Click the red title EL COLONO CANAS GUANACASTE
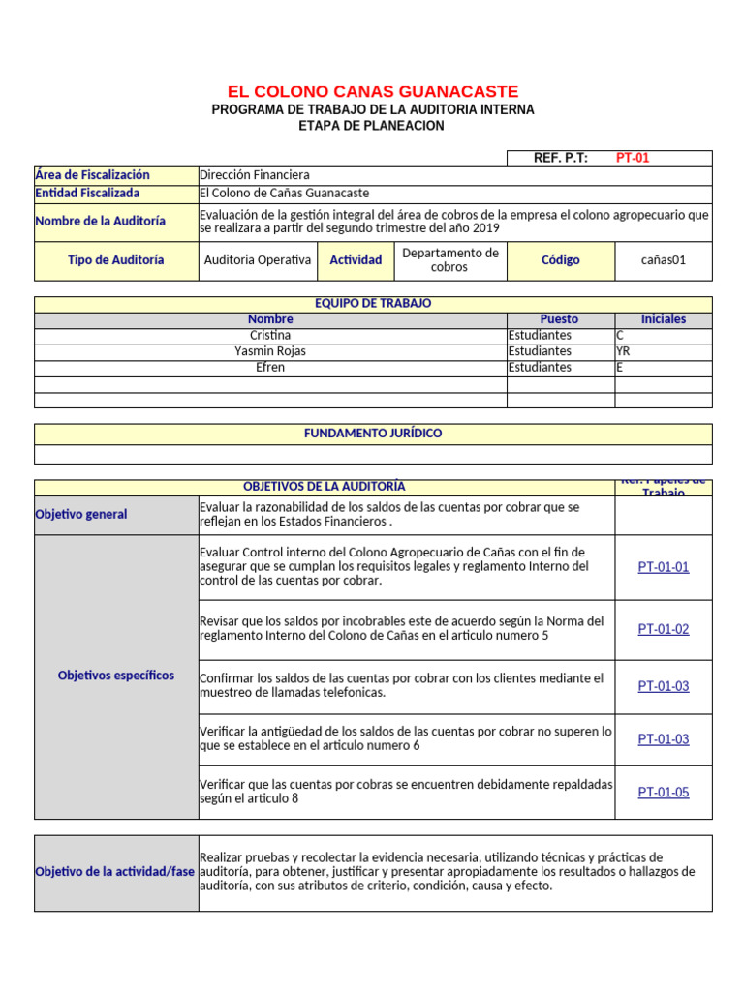[x=372, y=91]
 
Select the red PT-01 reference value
[x=633, y=158]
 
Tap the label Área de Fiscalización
[x=93, y=175]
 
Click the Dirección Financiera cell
[x=255, y=175]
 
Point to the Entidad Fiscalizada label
[x=87, y=193]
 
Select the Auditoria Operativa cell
[x=258, y=259]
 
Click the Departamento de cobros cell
[x=450, y=259]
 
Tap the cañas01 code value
[x=664, y=259]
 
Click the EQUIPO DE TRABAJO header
[x=373, y=303]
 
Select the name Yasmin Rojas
[x=270, y=351]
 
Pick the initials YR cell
[x=623, y=351]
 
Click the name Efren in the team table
[x=270, y=368]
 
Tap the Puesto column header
[x=559, y=318]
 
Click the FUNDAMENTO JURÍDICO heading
[x=373, y=433]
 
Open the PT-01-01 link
[x=664, y=567]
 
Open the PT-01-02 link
[x=664, y=629]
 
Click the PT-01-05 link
[x=664, y=792]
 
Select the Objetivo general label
[x=81, y=514]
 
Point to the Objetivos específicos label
[x=116, y=676]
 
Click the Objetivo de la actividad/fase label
[x=115, y=872]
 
